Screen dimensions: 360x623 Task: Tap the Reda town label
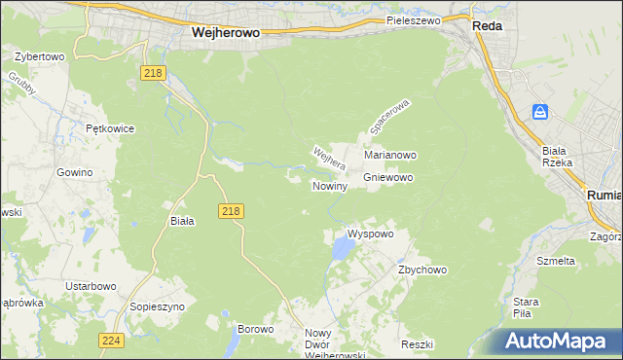pos(487,26)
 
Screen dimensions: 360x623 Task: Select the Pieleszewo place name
pos(413,19)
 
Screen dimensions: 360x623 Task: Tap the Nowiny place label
pos(329,186)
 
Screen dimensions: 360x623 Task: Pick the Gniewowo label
pos(388,178)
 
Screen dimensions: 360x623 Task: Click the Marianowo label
pos(390,155)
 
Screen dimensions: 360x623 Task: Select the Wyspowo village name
pos(370,234)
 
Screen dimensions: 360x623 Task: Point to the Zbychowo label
pos(421,270)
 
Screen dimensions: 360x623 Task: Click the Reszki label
pos(416,345)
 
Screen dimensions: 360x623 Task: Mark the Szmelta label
pos(556,261)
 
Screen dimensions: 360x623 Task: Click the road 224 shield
pos(110,340)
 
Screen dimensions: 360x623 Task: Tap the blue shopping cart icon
pos(540,112)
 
